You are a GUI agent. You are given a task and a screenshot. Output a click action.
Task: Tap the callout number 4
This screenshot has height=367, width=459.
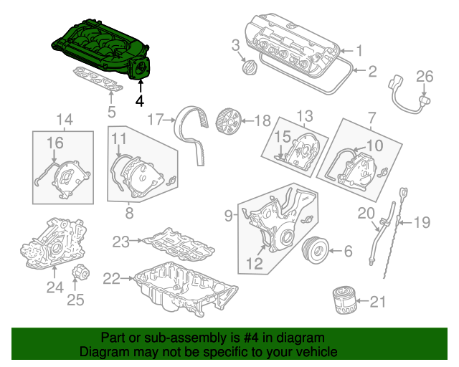click(x=141, y=101)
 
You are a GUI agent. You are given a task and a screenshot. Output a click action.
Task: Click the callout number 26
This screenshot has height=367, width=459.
click(x=425, y=76)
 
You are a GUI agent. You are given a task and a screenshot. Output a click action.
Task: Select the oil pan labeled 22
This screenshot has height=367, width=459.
click(x=183, y=290)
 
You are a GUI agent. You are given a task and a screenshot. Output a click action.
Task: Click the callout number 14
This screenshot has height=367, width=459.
click(x=65, y=118)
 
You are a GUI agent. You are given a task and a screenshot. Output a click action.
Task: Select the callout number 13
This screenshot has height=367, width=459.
click(x=306, y=116)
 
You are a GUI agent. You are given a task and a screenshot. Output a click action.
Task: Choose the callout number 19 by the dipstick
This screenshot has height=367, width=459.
click(x=422, y=223)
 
